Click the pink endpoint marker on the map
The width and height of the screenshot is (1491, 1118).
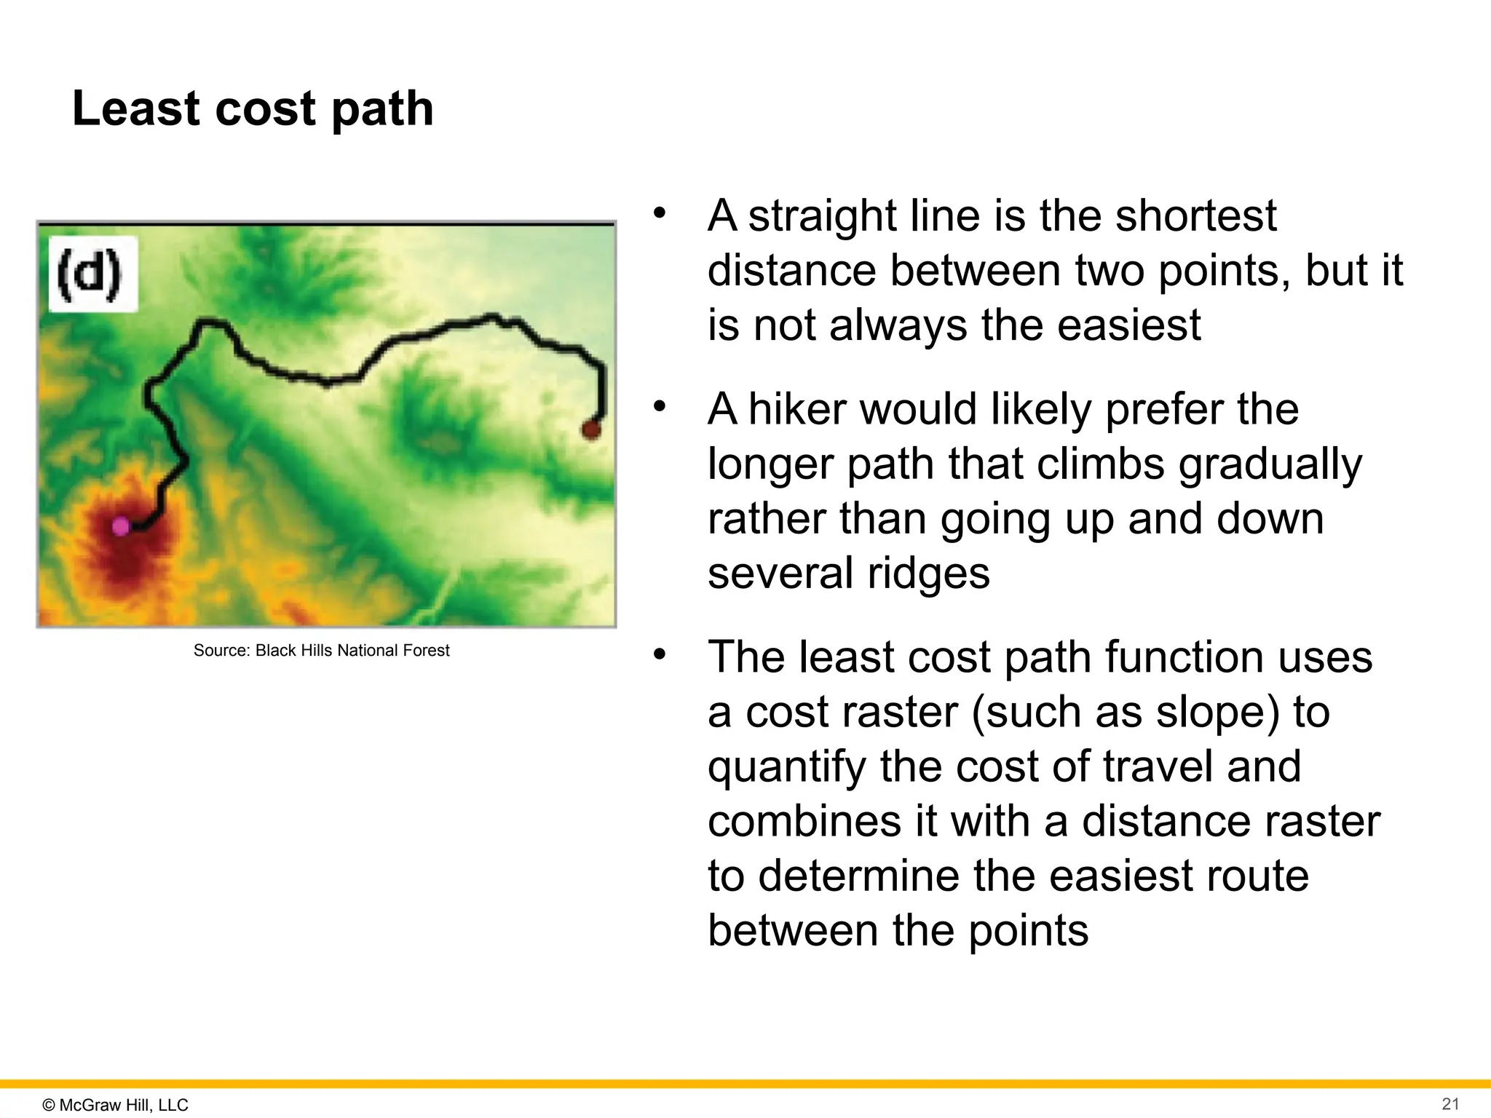coord(121,526)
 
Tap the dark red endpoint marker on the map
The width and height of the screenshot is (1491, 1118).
coord(591,429)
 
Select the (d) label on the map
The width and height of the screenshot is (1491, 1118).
coord(90,274)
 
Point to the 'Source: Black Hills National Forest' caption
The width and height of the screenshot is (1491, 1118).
coord(321,650)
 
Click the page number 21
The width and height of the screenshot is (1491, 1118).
coord(1450,1103)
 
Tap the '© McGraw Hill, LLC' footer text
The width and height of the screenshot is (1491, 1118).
coord(115,1104)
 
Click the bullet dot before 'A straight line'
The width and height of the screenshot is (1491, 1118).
coord(660,213)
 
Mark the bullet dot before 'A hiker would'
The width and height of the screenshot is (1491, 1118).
coord(660,406)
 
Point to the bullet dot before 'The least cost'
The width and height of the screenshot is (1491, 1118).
coord(660,654)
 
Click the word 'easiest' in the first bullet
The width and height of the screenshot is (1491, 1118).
coord(1128,325)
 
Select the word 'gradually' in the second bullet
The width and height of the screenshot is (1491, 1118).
coord(1270,464)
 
